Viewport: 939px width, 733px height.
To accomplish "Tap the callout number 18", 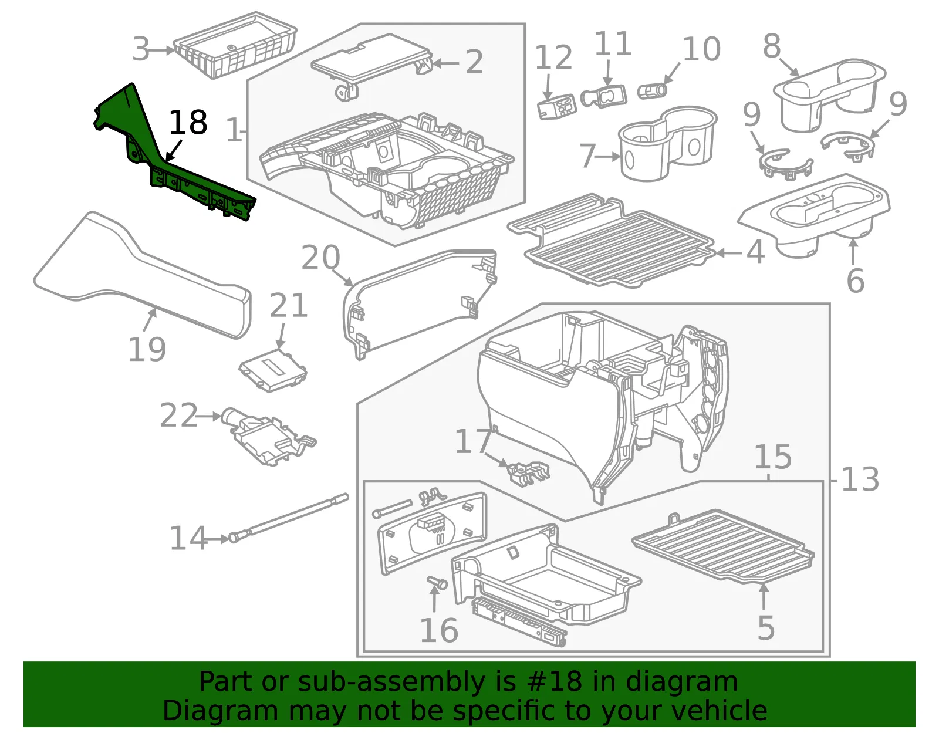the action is click(x=188, y=123).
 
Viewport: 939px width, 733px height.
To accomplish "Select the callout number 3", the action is click(x=141, y=49).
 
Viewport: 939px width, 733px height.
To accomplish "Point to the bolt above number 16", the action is click(x=437, y=582).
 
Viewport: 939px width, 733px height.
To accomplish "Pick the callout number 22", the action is click(x=179, y=415).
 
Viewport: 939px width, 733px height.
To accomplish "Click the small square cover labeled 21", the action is click(x=273, y=370).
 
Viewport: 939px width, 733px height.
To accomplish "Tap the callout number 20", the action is click(x=320, y=258).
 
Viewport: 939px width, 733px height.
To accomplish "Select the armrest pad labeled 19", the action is click(x=143, y=275).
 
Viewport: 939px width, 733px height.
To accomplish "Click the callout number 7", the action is click(x=588, y=156).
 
